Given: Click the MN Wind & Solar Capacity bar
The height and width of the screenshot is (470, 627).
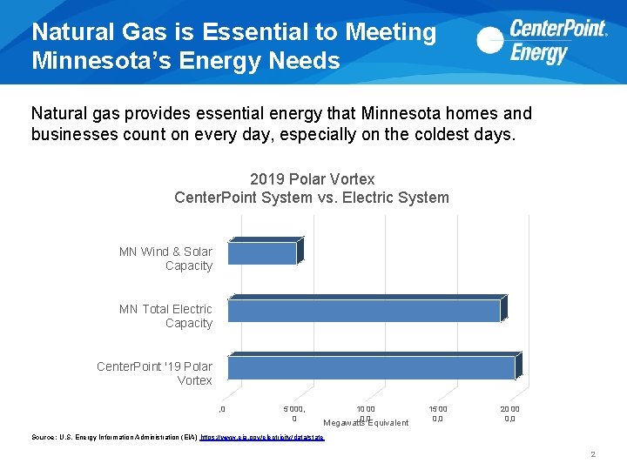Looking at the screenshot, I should click(x=262, y=252).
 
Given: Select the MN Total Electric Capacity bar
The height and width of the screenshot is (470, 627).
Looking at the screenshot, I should click(x=364, y=310).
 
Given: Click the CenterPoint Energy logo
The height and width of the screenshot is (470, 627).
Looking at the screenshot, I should click(x=542, y=42).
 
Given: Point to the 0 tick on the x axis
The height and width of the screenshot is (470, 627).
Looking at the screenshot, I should click(x=223, y=409).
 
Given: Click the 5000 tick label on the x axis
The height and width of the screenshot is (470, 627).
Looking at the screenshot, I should click(x=293, y=413).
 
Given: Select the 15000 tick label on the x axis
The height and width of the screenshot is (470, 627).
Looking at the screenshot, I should click(x=437, y=413).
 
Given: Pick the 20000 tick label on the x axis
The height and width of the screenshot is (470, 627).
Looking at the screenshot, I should click(x=509, y=413).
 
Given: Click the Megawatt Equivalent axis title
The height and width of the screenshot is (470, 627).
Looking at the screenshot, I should click(x=366, y=423).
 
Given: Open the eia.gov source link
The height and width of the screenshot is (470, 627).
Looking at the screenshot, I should click(x=262, y=437).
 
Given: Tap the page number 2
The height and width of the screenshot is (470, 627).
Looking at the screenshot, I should click(x=592, y=454).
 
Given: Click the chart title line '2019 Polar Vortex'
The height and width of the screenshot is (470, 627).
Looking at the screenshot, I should click(x=312, y=179).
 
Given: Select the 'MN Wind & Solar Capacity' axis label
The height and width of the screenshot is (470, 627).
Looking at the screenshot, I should click(x=166, y=258).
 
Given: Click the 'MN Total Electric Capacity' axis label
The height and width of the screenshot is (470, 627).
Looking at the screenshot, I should click(x=166, y=316).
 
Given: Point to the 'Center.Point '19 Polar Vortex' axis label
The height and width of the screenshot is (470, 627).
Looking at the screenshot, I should click(x=155, y=373).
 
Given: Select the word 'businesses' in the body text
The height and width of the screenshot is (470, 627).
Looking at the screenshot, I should click(x=71, y=134).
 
